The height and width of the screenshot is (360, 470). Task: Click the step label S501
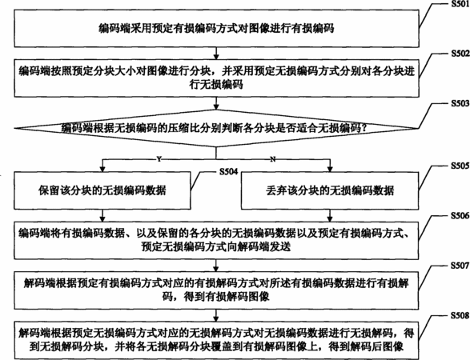coord(460,4)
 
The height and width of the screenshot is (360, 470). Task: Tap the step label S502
coord(460,54)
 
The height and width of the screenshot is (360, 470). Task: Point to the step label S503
coord(460,103)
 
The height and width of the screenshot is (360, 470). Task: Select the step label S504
coord(229,172)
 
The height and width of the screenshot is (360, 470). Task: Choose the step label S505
coord(460,166)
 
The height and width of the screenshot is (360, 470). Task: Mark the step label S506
coord(460,216)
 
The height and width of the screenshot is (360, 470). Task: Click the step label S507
coord(460,266)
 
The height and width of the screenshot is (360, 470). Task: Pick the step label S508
coord(460,316)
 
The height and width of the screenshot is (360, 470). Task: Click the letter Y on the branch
coord(159,159)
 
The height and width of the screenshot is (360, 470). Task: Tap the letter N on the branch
coord(273,159)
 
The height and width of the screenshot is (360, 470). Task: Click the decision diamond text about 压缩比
coord(215,129)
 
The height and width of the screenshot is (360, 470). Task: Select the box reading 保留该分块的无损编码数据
coord(102,190)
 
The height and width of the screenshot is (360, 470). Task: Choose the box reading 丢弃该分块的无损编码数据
coord(330,190)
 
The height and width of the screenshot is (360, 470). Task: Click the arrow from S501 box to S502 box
coord(216,54)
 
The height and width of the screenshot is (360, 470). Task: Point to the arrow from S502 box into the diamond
coord(216,103)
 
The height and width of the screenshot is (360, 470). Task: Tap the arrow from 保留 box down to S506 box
coord(102,215)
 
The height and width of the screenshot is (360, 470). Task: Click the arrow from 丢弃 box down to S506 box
coord(330,215)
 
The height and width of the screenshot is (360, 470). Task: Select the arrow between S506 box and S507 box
coord(216,266)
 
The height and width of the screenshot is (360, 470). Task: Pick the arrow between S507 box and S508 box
coord(216,315)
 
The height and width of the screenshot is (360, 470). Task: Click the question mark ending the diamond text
coord(364,129)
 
